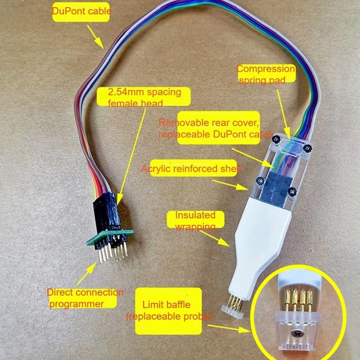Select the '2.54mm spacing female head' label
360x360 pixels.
pyautogui.click(x=144, y=98)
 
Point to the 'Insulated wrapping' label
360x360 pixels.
pyautogui.click(x=195, y=220)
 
